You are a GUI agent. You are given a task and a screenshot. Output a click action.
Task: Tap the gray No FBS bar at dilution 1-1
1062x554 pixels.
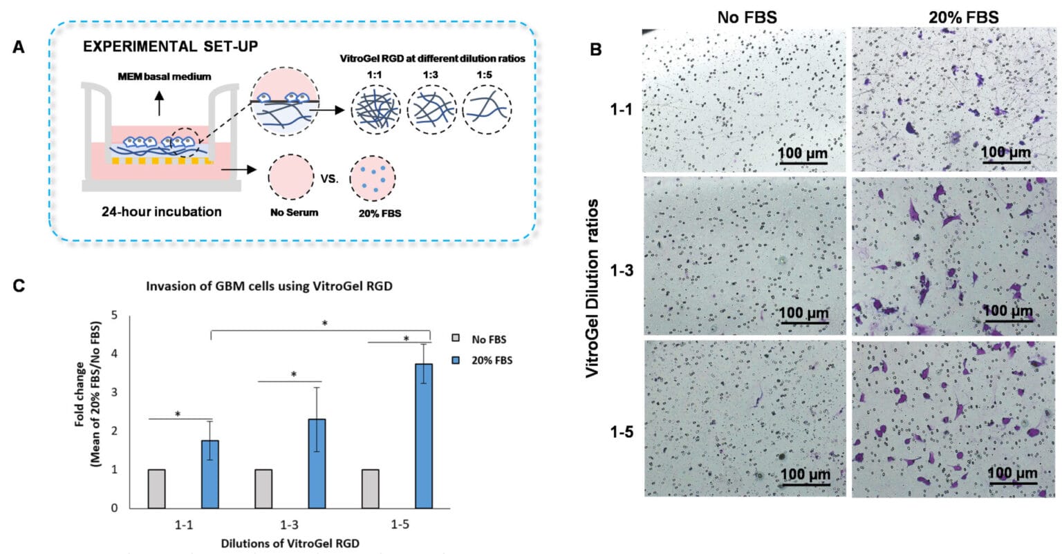156,488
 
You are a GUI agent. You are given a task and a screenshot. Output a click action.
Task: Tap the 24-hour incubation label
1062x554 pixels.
161,211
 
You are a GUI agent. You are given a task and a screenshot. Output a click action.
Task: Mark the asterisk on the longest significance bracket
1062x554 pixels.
324,323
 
